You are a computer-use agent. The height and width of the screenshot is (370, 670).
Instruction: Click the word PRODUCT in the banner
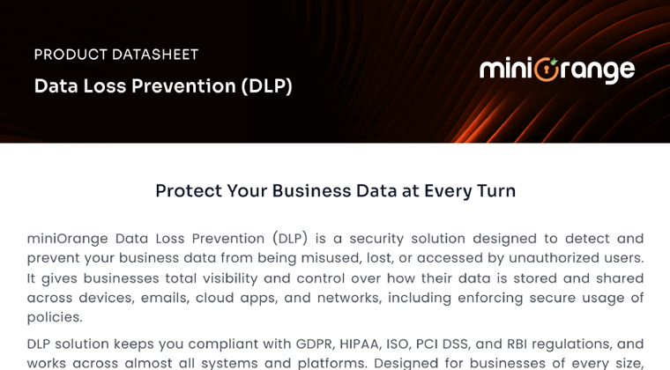coord(71,55)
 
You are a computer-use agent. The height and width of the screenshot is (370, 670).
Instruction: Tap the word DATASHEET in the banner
coord(155,55)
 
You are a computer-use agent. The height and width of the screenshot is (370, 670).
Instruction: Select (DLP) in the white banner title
coord(266,86)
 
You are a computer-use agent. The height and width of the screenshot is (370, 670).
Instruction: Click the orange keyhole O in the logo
coord(547,70)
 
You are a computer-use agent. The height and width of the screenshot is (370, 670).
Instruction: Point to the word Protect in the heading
coord(189,191)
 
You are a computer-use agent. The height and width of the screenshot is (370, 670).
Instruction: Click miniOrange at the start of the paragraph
coord(68,239)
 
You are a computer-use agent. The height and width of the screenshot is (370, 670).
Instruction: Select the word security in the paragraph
coord(376,239)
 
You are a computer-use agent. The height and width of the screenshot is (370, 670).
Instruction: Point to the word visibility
coord(230,278)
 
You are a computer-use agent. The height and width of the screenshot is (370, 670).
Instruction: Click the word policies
coord(55,317)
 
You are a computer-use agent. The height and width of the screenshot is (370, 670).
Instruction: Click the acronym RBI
coord(517,344)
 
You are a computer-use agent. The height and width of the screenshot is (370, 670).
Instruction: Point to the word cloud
coord(215,298)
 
